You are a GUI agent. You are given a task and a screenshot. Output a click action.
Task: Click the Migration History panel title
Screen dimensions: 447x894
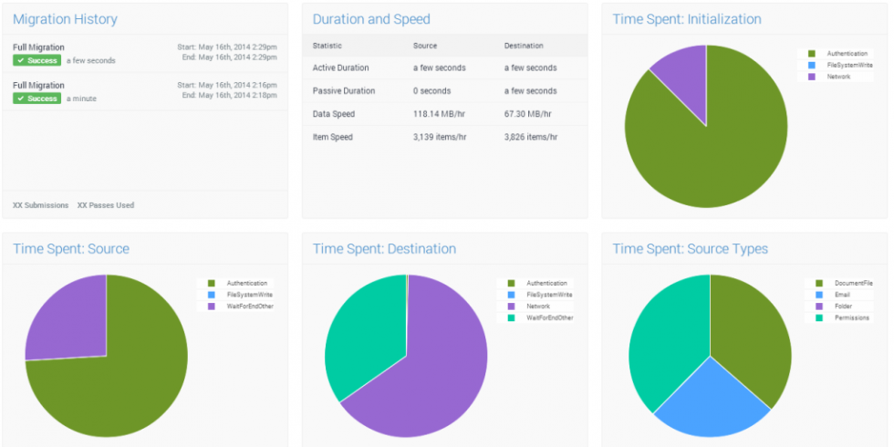click(65, 19)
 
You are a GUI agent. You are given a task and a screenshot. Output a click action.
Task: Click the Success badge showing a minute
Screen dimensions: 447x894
click(36, 99)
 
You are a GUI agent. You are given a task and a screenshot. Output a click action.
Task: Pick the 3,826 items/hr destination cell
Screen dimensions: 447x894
click(530, 137)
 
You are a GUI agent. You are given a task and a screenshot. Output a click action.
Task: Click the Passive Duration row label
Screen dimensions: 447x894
click(343, 91)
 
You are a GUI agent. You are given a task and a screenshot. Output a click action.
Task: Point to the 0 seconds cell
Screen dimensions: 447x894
click(432, 91)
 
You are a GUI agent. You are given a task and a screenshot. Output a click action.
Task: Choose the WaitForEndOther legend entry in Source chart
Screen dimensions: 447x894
click(249, 307)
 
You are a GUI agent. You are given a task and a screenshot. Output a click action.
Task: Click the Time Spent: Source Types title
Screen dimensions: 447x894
click(690, 249)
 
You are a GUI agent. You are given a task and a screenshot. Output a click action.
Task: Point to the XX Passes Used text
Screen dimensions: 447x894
click(105, 205)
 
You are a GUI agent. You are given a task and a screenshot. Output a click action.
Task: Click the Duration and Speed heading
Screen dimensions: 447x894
click(371, 19)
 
